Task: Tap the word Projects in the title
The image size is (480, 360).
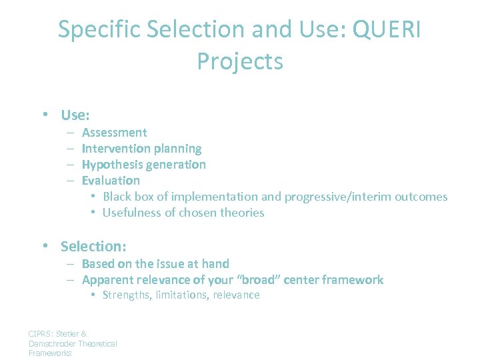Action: click(x=240, y=61)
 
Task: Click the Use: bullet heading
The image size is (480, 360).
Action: click(x=75, y=115)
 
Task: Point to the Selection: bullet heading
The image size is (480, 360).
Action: click(x=93, y=246)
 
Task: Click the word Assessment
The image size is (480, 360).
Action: click(x=114, y=133)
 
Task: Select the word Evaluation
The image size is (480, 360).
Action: click(x=111, y=181)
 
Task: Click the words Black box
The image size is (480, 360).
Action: click(x=127, y=197)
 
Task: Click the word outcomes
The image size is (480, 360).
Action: click(x=421, y=197)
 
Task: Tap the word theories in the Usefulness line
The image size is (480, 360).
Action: click(x=243, y=213)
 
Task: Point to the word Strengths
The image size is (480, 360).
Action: click(x=127, y=295)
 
